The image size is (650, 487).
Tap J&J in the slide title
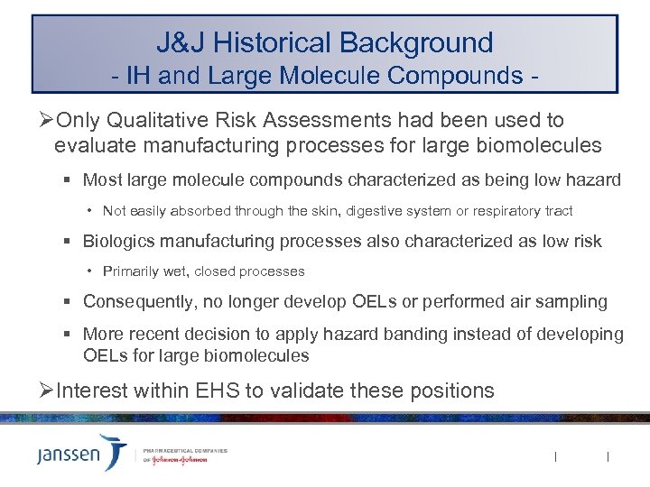(180, 42)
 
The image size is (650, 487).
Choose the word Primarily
(132, 271)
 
